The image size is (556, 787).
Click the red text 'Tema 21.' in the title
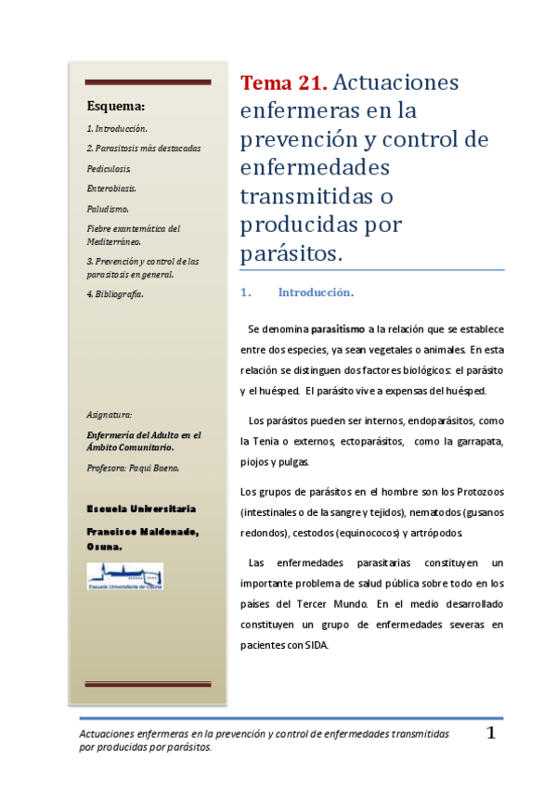(283, 83)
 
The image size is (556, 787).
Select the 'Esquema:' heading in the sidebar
(116, 106)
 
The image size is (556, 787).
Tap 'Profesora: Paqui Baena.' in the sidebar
(134, 469)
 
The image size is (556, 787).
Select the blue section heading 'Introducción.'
(316, 293)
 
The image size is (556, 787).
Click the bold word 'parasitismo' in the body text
(338, 329)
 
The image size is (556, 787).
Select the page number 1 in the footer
(492, 733)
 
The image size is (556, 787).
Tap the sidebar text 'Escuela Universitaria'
(141, 510)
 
